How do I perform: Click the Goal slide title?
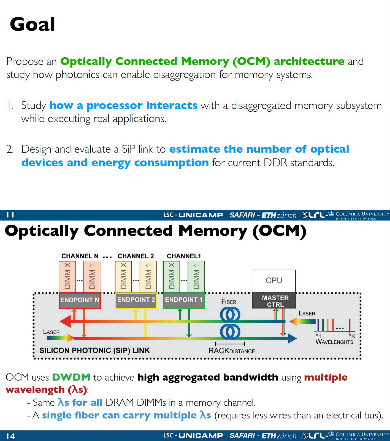coord(32,24)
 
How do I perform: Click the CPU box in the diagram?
coord(274,281)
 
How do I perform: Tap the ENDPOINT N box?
coord(80,300)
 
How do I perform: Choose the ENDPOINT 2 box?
coord(136,300)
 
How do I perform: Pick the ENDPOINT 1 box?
coord(184,300)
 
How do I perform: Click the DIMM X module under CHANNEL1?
coord(172,276)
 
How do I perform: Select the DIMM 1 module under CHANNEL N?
coord(92,276)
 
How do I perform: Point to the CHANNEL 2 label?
coord(136,256)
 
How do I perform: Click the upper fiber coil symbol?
coord(230,314)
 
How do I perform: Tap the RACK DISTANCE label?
coord(232,351)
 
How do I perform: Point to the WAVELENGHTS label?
coord(334,342)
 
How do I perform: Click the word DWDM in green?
coord(71,377)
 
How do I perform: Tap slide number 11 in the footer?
coord(10,215)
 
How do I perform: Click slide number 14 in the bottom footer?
coord(11,436)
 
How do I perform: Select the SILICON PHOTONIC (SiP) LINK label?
coord(94,351)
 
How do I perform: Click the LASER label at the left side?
coord(51,332)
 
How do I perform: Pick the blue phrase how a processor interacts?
coord(123,106)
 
